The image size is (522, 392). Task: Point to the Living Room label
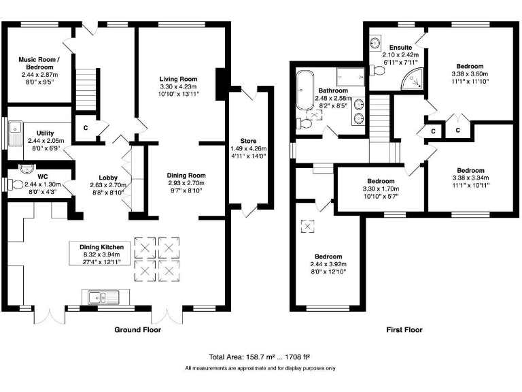(x=177, y=78)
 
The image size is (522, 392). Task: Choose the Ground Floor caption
(x=138, y=330)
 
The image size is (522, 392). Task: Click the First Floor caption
(x=404, y=330)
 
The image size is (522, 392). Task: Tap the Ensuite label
(x=400, y=47)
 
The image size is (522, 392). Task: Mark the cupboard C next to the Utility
(x=86, y=127)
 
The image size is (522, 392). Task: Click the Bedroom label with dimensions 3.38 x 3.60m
(x=470, y=66)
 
